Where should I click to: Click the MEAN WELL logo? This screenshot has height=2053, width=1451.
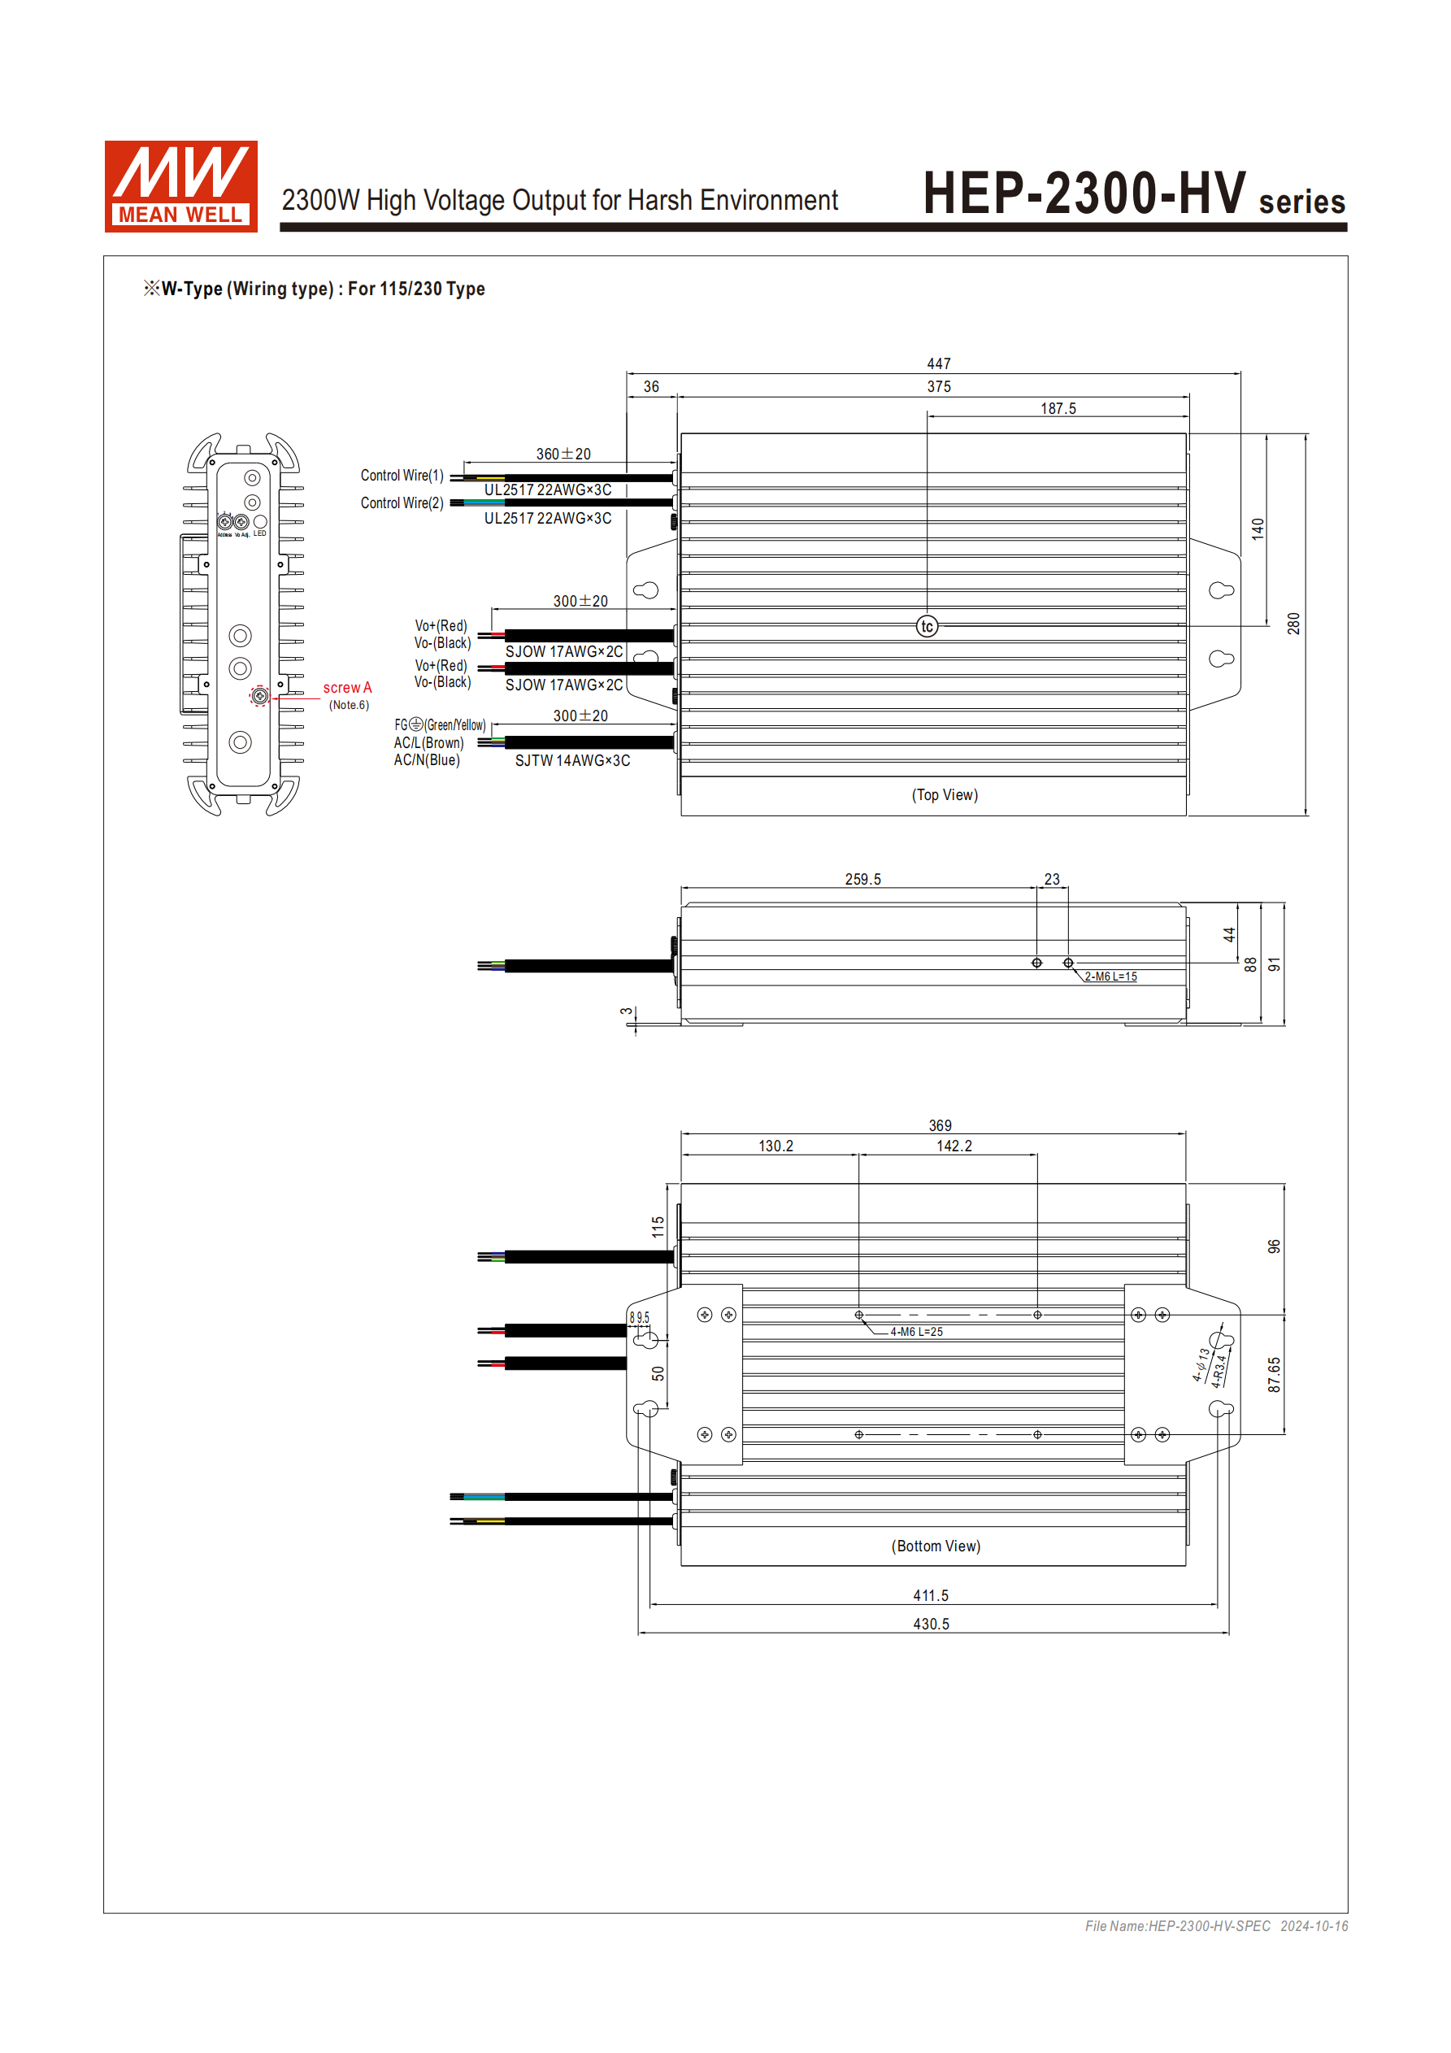[180, 186]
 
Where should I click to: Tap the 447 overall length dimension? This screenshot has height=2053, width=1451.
[939, 364]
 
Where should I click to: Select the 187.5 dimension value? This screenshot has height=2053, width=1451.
[1058, 409]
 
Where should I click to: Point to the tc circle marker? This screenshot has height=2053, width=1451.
[928, 627]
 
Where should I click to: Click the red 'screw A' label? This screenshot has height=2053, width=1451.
[347, 688]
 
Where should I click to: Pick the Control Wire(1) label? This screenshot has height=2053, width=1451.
[402, 476]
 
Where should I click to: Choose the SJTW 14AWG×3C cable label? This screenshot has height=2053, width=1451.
[572, 761]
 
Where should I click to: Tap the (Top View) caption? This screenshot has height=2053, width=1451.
[944, 795]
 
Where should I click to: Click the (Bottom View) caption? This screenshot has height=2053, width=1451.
[935, 1546]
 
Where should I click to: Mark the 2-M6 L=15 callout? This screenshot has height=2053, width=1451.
[1110, 976]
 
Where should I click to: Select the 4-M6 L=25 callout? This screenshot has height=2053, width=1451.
[915, 1332]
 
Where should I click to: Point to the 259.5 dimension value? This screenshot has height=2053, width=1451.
[862, 879]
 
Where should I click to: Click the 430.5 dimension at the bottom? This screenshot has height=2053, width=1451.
[931, 1624]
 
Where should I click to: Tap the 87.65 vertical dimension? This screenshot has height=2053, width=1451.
[1274, 1374]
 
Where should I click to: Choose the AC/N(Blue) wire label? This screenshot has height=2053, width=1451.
[427, 760]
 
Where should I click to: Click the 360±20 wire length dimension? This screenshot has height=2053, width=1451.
[563, 455]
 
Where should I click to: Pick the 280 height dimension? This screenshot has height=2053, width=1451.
[1293, 624]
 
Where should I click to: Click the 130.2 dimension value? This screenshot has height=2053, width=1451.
[775, 1146]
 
